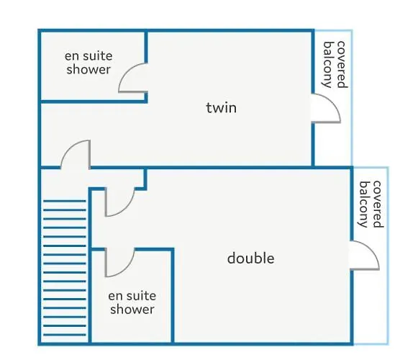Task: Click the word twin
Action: [222, 108]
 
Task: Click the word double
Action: [250, 258]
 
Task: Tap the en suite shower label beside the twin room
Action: [88, 63]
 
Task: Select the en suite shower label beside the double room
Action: [132, 302]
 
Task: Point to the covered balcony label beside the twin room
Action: [335, 65]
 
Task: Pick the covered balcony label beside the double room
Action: [371, 204]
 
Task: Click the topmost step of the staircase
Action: [65, 201]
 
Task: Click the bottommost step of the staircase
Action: [65, 335]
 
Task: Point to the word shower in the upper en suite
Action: [88, 69]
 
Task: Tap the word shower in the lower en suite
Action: [132, 309]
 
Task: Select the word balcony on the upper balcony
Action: [328, 65]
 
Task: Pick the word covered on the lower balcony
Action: [377, 204]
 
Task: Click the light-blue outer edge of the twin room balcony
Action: [352, 97]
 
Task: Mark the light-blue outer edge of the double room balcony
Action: [388, 256]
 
